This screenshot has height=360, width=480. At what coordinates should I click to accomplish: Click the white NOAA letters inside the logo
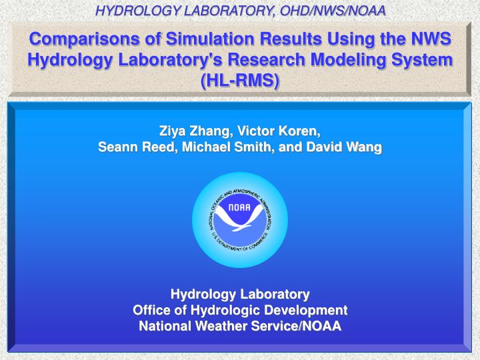240,207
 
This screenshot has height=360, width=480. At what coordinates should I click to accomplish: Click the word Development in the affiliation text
307,310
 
